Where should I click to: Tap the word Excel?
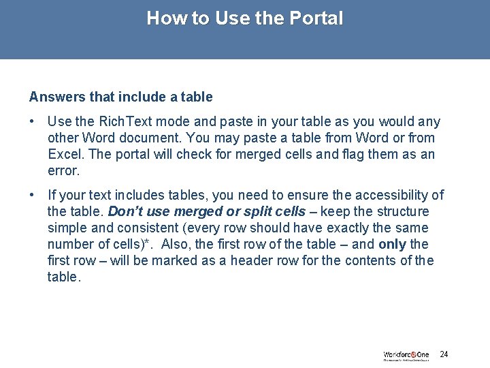pyautogui.click(x=66, y=154)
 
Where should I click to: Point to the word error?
pyautogui.click(x=64, y=170)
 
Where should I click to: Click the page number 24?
pyautogui.click(x=444, y=354)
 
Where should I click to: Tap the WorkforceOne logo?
pyautogui.click(x=406, y=355)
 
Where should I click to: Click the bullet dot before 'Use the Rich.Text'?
pyautogui.click(x=33, y=121)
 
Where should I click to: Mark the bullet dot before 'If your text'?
pyautogui.click(x=33, y=195)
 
